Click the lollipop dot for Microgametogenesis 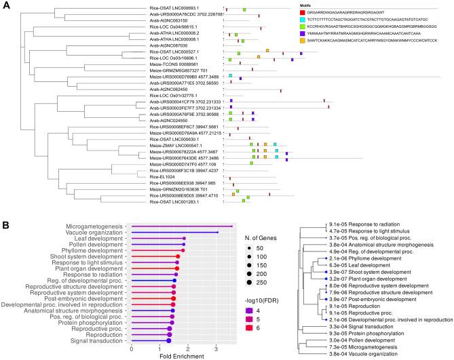pos(232,226)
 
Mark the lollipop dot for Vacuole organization pos(216,233)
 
